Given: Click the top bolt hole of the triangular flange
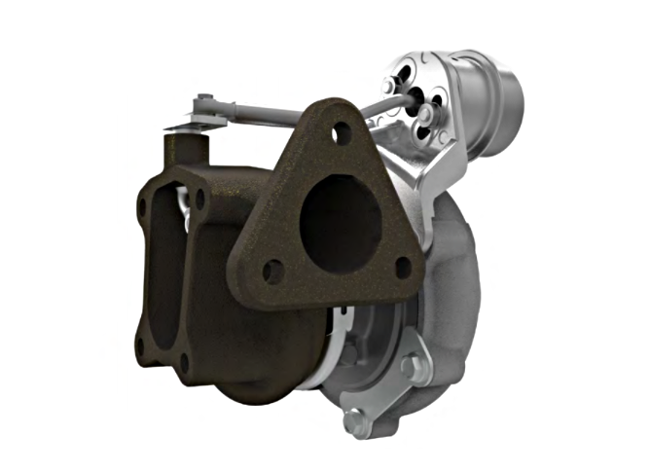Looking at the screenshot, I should (x=342, y=132).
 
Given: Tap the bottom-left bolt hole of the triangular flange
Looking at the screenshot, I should (x=273, y=272).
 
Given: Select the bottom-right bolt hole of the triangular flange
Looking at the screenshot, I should (x=403, y=266).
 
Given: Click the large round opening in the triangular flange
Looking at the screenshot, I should (x=340, y=218).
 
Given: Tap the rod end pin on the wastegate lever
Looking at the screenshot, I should (x=204, y=101).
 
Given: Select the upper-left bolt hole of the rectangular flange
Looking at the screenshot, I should (x=143, y=207).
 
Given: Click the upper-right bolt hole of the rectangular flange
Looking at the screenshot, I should (x=200, y=198).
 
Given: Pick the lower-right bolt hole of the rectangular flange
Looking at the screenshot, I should (x=184, y=361).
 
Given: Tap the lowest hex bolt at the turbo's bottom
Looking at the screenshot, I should (x=355, y=422).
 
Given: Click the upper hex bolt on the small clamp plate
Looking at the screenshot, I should (x=410, y=366).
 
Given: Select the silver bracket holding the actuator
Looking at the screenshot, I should (x=428, y=165).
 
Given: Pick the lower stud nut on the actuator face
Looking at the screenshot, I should (x=425, y=118).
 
